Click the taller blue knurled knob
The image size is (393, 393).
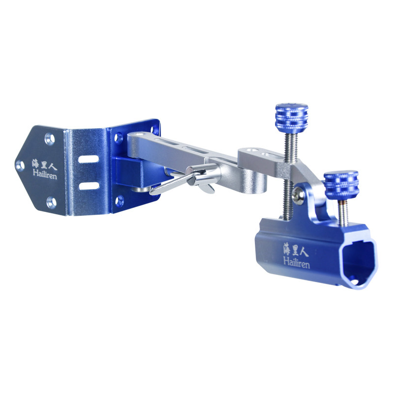291,118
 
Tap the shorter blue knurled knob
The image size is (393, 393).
341,184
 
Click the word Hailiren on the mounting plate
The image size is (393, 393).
45,174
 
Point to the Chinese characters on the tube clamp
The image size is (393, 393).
296,249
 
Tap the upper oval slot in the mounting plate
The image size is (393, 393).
88,159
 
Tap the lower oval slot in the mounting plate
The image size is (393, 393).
89,186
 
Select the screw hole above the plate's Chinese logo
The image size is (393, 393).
50,139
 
